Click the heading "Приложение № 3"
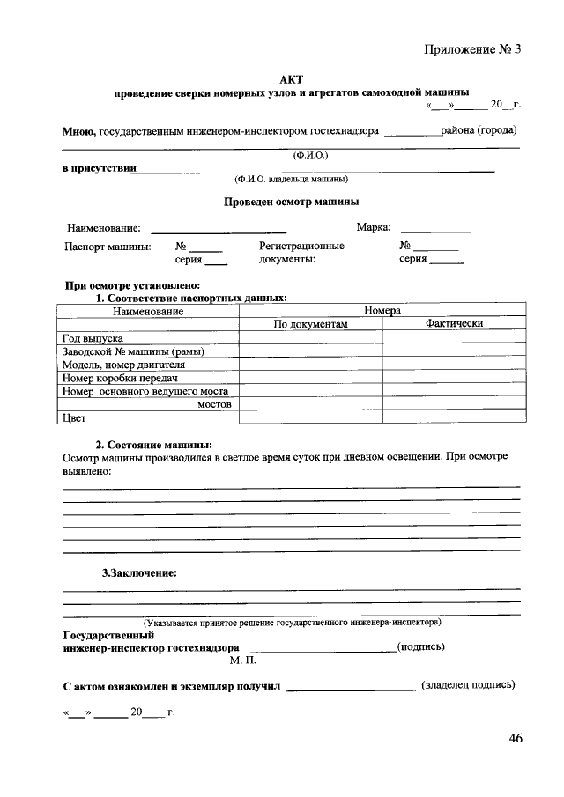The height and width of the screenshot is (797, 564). [473, 49]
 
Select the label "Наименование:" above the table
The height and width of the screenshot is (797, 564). [103, 229]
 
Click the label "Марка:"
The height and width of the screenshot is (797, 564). [374, 228]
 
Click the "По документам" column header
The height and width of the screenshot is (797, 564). [311, 324]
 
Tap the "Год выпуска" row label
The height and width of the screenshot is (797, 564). [93, 338]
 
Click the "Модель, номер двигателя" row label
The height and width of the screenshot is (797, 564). [123, 365]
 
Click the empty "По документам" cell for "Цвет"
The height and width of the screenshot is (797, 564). [311, 417]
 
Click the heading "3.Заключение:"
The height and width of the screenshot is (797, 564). [139, 573]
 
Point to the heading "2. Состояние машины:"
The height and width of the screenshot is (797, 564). [153, 444]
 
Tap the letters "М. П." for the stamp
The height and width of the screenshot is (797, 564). [242, 660]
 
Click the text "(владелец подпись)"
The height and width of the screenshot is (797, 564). [468, 684]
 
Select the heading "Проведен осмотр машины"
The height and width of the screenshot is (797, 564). [290, 202]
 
